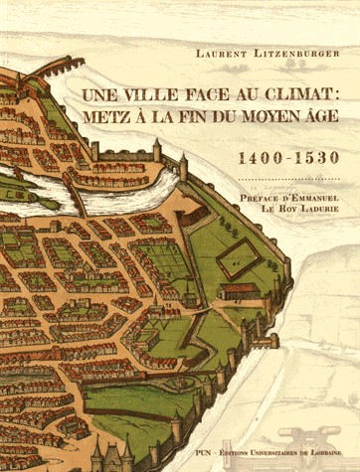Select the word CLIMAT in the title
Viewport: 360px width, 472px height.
click(295, 97)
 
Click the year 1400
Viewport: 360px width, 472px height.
click(261, 157)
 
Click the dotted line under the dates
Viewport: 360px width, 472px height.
click(288, 178)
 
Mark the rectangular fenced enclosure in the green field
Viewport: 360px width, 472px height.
click(240, 260)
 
